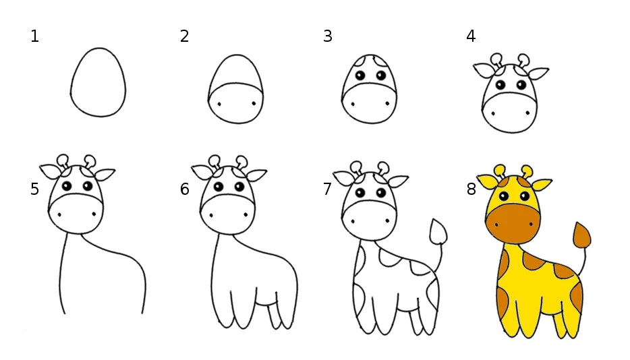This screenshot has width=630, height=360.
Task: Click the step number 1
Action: (35, 36)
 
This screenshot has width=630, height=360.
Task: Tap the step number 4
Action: (471, 36)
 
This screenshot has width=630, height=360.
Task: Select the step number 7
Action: (327, 189)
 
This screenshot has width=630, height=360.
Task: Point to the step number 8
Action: (471, 189)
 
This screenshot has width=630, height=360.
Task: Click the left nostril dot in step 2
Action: (219, 104)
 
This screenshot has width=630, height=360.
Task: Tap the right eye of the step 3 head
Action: (381, 75)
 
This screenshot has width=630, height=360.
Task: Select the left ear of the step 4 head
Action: (485, 70)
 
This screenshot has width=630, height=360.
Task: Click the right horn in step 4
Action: (523, 60)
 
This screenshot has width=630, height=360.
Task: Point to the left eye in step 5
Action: (67, 186)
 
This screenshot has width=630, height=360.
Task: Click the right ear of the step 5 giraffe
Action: (105, 174)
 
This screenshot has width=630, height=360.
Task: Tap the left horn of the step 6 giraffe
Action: (214, 162)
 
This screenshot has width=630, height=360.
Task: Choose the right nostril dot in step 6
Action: (246, 215)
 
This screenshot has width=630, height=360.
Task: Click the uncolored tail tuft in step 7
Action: (438, 231)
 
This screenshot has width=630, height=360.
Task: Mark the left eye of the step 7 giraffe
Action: (360, 193)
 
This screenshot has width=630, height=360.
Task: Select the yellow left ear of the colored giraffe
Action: (488, 181)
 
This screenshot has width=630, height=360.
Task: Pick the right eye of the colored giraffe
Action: (524, 196)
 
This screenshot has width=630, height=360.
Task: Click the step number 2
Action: (184, 36)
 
